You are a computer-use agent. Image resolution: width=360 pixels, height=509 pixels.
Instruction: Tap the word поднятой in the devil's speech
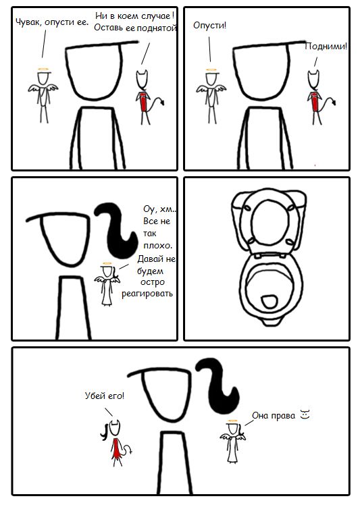point(156,28)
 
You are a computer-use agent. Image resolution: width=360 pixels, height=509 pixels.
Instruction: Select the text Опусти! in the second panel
point(209,25)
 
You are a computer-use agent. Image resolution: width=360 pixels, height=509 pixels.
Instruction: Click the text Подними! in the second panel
point(326,47)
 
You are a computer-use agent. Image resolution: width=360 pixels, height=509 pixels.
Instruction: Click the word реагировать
point(147,294)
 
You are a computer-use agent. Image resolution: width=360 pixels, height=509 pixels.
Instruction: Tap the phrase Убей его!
point(104,396)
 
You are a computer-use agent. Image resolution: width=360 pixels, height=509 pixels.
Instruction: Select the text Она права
point(274,416)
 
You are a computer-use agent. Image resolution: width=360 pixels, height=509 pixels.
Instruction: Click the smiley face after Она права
point(305,414)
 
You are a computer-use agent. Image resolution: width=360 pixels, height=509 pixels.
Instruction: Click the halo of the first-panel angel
point(44,69)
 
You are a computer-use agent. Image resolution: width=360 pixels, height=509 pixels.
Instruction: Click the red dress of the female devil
point(115,448)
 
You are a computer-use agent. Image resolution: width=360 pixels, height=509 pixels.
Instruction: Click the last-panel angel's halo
point(232,421)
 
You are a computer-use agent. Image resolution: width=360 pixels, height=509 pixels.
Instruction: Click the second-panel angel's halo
point(211,70)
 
